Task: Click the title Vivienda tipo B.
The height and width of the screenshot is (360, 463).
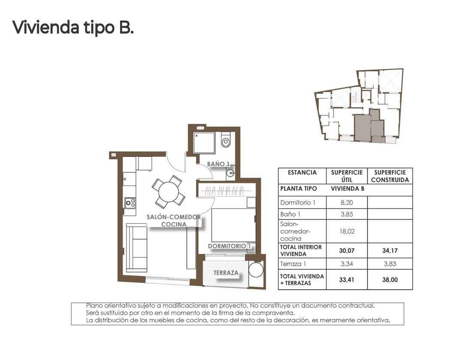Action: pyautogui.click(x=73, y=27)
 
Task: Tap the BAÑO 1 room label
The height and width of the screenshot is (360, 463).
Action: pyautogui.click(x=218, y=164)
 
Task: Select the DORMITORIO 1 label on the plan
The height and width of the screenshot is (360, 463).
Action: pyautogui.click(x=229, y=246)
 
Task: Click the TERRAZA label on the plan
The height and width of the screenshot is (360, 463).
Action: pyautogui.click(x=226, y=273)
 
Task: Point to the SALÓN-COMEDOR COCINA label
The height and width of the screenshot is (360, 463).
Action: pyautogui.click(x=174, y=220)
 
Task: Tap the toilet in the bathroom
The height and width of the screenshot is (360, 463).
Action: pyautogui.click(x=225, y=140)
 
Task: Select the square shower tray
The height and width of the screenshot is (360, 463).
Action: pyautogui.click(x=204, y=142)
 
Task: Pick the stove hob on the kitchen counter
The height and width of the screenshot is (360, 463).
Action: pyautogui.click(x=130, y=202)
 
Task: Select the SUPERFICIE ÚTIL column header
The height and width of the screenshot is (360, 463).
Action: pyautogui.click(x=346, y=176)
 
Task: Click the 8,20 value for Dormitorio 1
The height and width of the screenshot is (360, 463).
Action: pyautogui.click(x=346, y=202)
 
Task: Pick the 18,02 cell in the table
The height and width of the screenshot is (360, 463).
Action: pyautogui.click(x=346, y=231)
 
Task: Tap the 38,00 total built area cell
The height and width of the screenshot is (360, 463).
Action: pyautogui.click(x=390, y=279)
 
